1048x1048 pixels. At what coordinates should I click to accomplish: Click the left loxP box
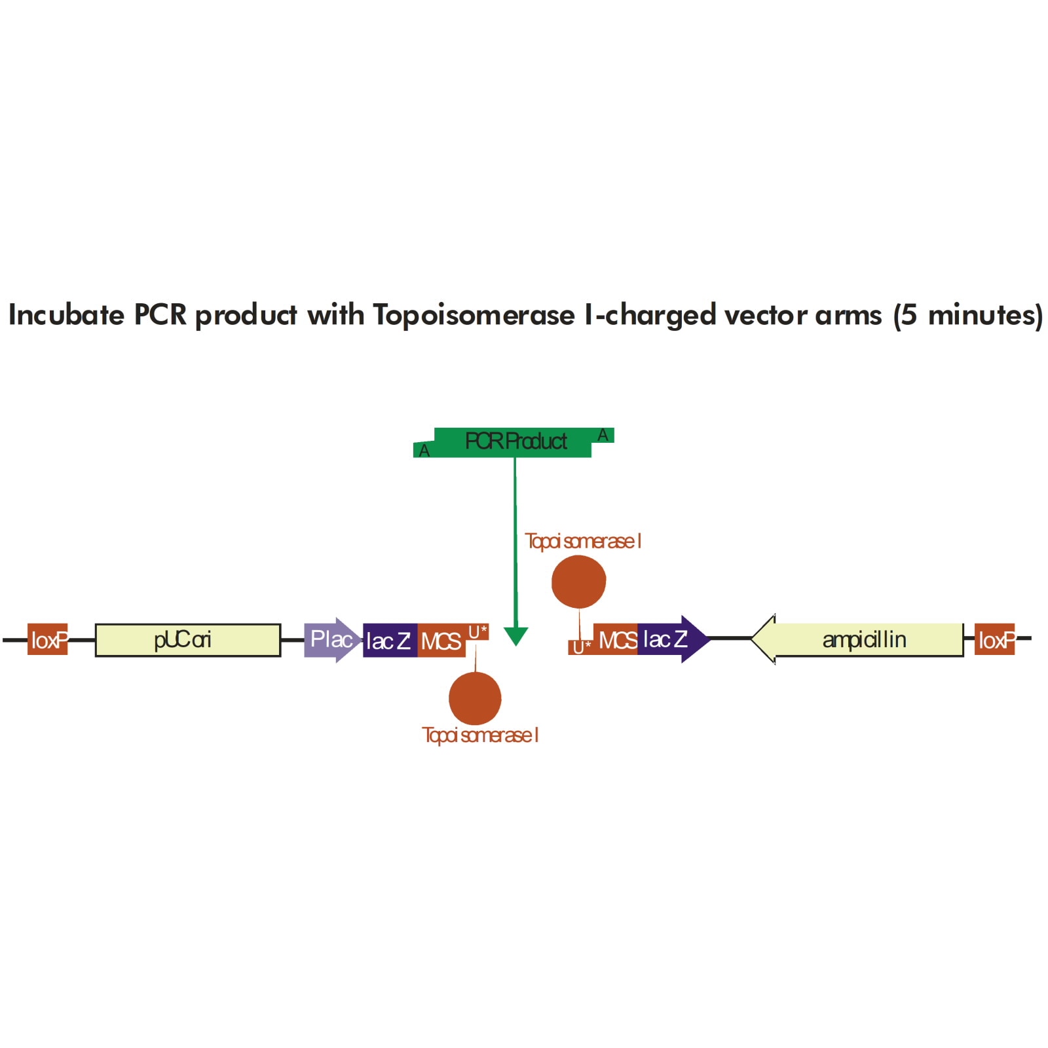point(48,639)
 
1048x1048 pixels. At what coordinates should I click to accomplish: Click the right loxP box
point(994,639)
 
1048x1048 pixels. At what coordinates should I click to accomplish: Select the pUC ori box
point(188,640)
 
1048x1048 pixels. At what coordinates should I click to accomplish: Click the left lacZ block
point(389,641)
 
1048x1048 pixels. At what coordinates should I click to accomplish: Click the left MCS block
point(441,641)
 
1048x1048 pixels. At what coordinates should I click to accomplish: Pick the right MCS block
point(616,639)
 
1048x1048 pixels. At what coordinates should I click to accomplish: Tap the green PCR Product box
point(515,441)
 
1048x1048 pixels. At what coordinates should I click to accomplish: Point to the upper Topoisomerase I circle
point(578,582)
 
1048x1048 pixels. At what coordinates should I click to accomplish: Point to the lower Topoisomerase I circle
point(475,698)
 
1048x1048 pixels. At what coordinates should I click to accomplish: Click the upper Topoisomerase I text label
point(583,541)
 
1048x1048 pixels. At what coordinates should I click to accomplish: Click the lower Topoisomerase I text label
point(480,735)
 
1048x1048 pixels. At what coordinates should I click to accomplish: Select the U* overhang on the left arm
point(477,631)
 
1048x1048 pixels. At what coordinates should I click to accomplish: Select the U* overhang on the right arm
point(581,647)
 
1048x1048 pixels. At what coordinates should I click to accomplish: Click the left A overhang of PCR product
point(424,450)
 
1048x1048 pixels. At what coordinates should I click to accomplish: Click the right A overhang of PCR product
point(603,435)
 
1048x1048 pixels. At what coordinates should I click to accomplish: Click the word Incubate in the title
point(66,315)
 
